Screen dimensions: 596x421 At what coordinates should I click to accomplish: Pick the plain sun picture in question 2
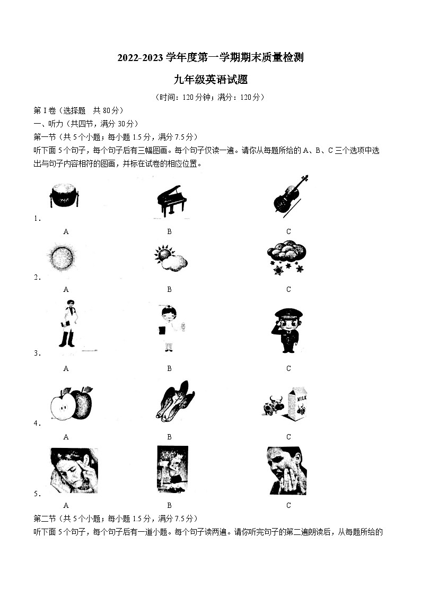pos(60,258)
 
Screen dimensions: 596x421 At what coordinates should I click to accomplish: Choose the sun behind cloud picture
pos(171,257)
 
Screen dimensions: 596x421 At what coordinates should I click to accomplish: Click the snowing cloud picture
pos(286,257)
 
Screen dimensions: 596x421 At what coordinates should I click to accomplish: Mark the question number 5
pos(36,494)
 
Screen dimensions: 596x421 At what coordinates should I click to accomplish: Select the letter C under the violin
pos(288,231)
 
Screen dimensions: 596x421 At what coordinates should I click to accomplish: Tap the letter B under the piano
pos(169,231)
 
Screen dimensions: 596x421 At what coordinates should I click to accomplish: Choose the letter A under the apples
pos(66,437)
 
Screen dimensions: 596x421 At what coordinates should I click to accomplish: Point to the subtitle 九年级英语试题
pos(210,80)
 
